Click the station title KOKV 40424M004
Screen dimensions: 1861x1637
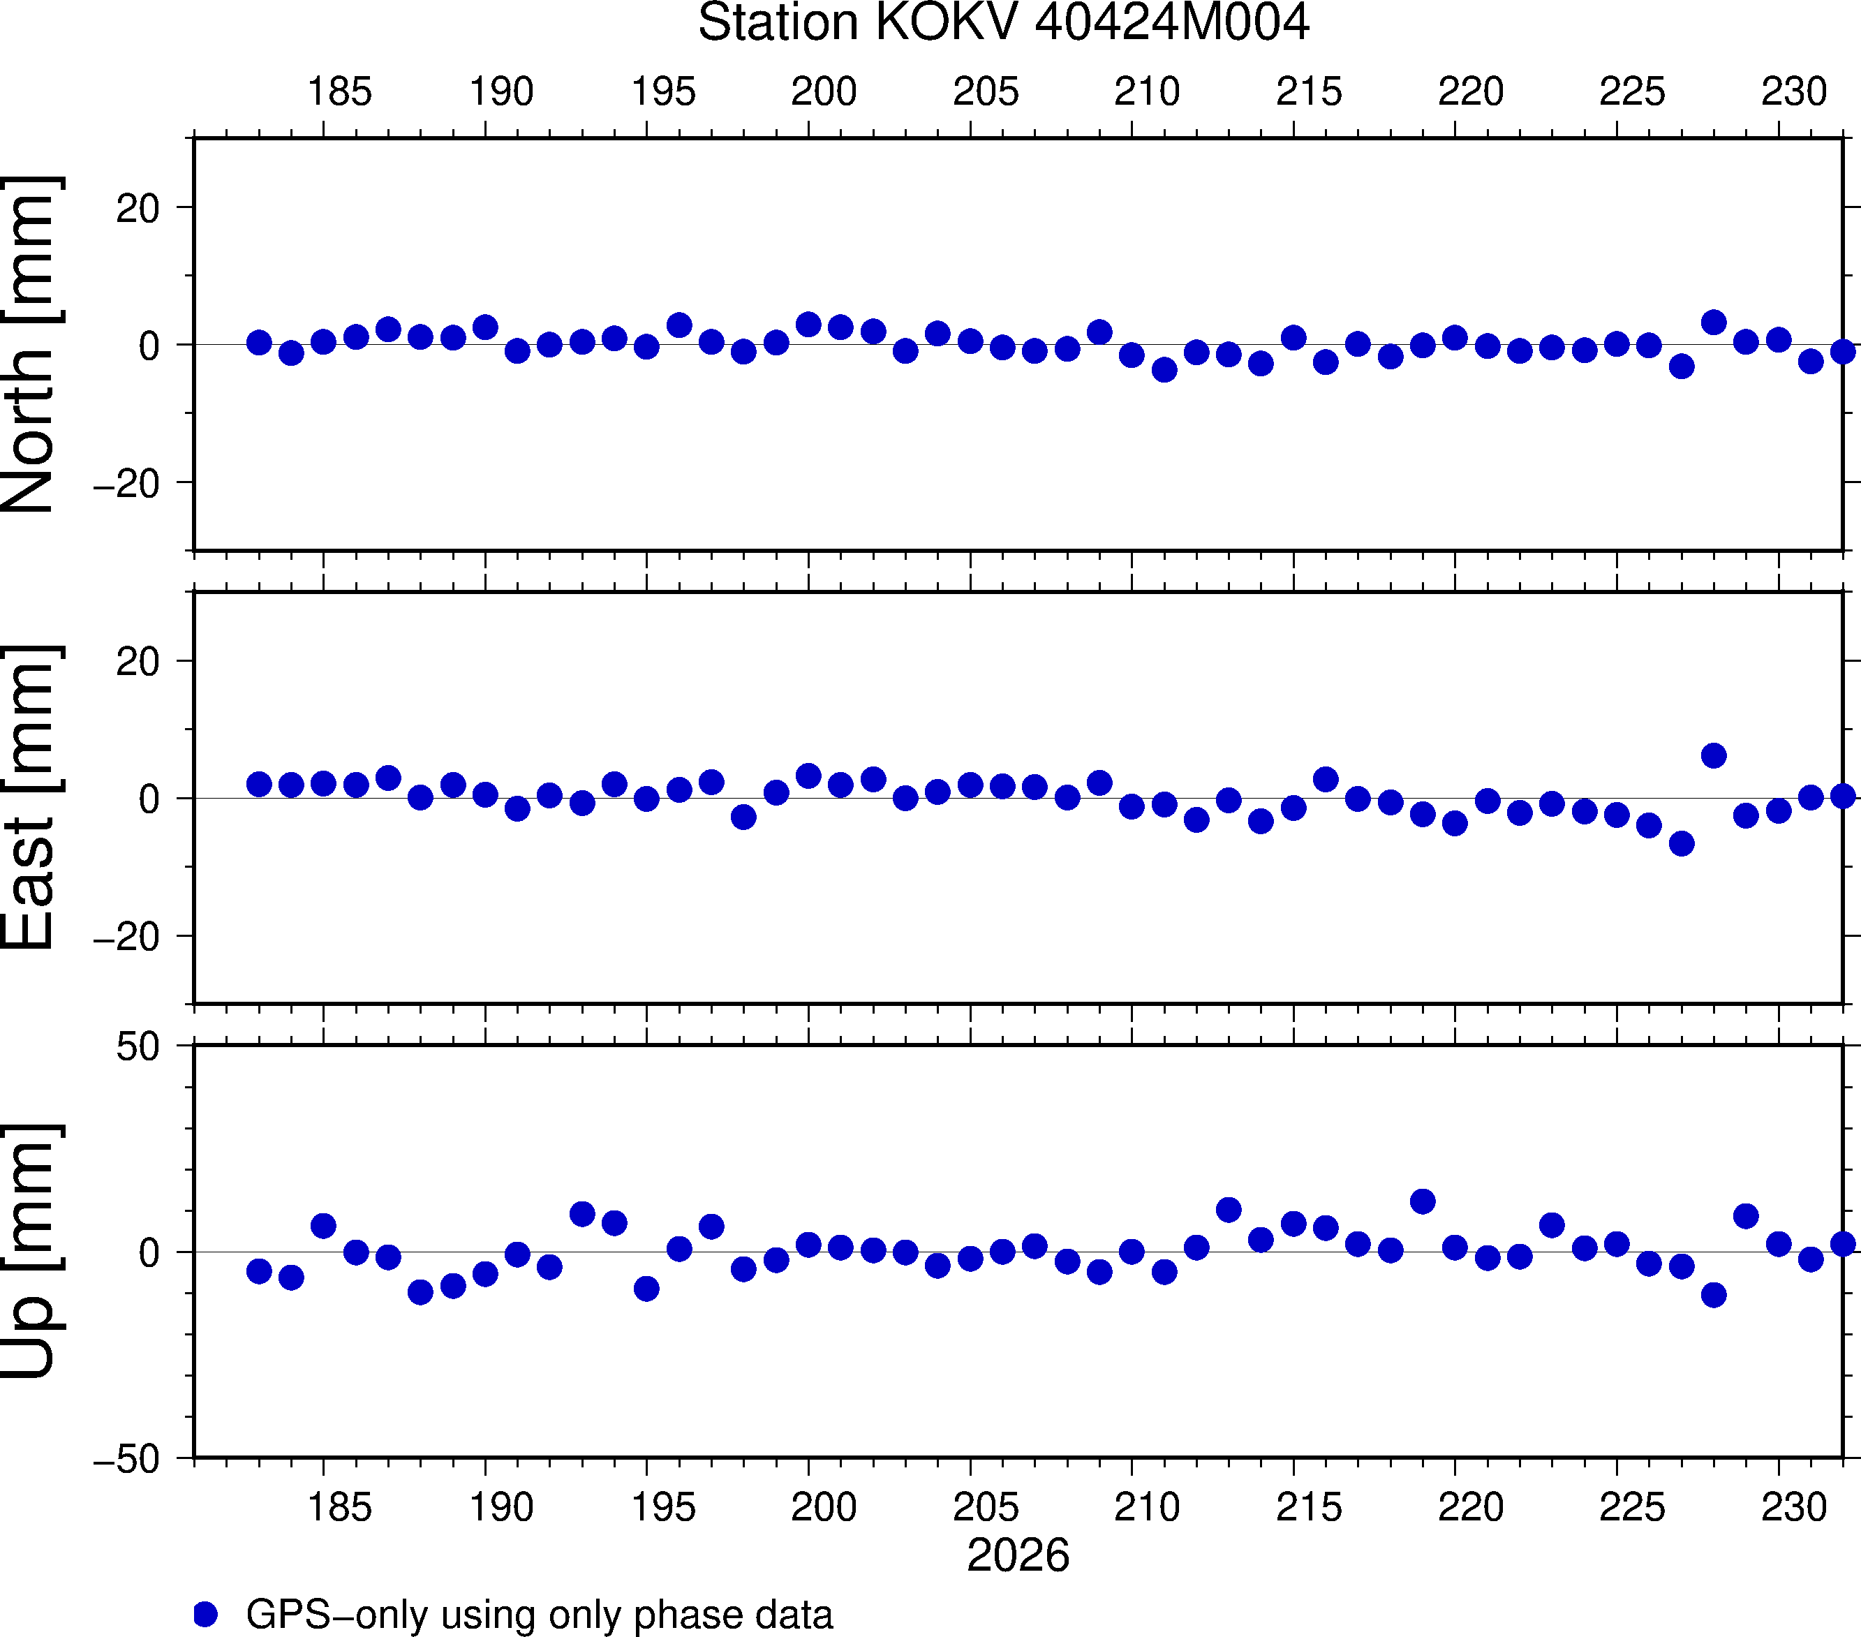(x=1003, y=23)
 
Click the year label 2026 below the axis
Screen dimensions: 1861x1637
(x=1018, y=1555)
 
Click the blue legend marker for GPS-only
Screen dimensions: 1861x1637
(x=206, y=1614)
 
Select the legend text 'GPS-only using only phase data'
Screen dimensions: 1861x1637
(x=539, y=1614)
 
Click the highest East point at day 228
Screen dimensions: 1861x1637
(x=1714, y=756)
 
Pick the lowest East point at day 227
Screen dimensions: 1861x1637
(x=1682, y=844)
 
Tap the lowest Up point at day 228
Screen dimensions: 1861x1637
(x=1714, y=1295)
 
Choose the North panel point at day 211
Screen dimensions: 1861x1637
(x=1164, y=370)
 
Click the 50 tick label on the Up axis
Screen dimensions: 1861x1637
(x=138, y=1048)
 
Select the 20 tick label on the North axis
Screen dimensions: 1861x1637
(x=138, y=209)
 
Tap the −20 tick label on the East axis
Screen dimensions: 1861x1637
(x=126, y=937)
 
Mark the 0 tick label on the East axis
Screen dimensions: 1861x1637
(x=149, y=799)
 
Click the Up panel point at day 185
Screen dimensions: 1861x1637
(x=323, y=1225)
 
